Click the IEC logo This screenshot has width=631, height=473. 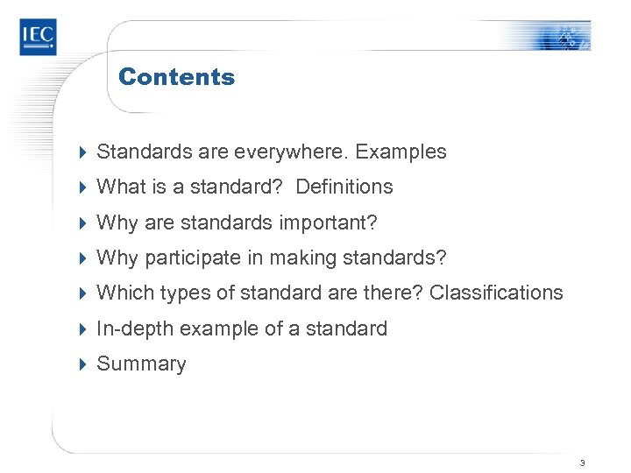pyautogui.click(x=38, y=36)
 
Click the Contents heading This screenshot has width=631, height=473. pyautogui.click(x=176, y=77)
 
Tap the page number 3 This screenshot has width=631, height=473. pyautogui.click(x=582, y=462)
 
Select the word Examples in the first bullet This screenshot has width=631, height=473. pyautogui.click(x=401, y=152)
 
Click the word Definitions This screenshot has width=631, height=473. pyautogui.click(x=344, y=187)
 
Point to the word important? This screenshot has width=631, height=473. pyautogui.click(x=328, y=222)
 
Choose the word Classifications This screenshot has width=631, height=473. pyautogui.click(x=496, y=293)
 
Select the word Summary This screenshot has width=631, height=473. pyautogui.click(x=141, y=364)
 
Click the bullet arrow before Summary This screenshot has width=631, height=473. pyautogui.click(x=82, y=364)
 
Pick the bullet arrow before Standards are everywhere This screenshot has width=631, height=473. pyautogui.click(x=82, y=152)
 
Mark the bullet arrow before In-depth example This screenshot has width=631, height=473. pyautogui.click(x=82, y=328)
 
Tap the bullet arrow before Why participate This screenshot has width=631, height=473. pyautogui.click(x=82, y=258)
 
